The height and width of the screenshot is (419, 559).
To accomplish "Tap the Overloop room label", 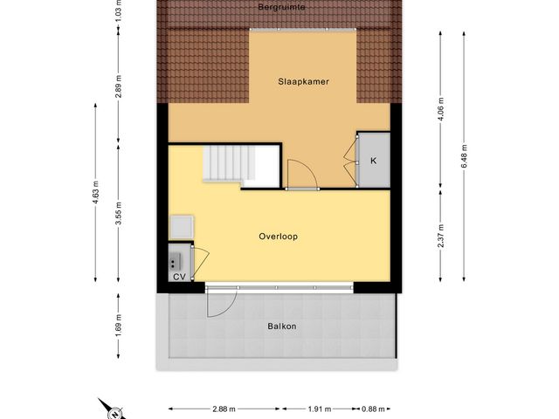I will [x=278, y=237].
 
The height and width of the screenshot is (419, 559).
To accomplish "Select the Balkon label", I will [x=281, y=326].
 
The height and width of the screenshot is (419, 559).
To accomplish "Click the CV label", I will [x=179, y=277].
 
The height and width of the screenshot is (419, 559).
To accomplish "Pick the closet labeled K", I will [x=373, y=161].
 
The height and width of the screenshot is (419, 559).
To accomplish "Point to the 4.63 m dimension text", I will [x=95, y=191].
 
